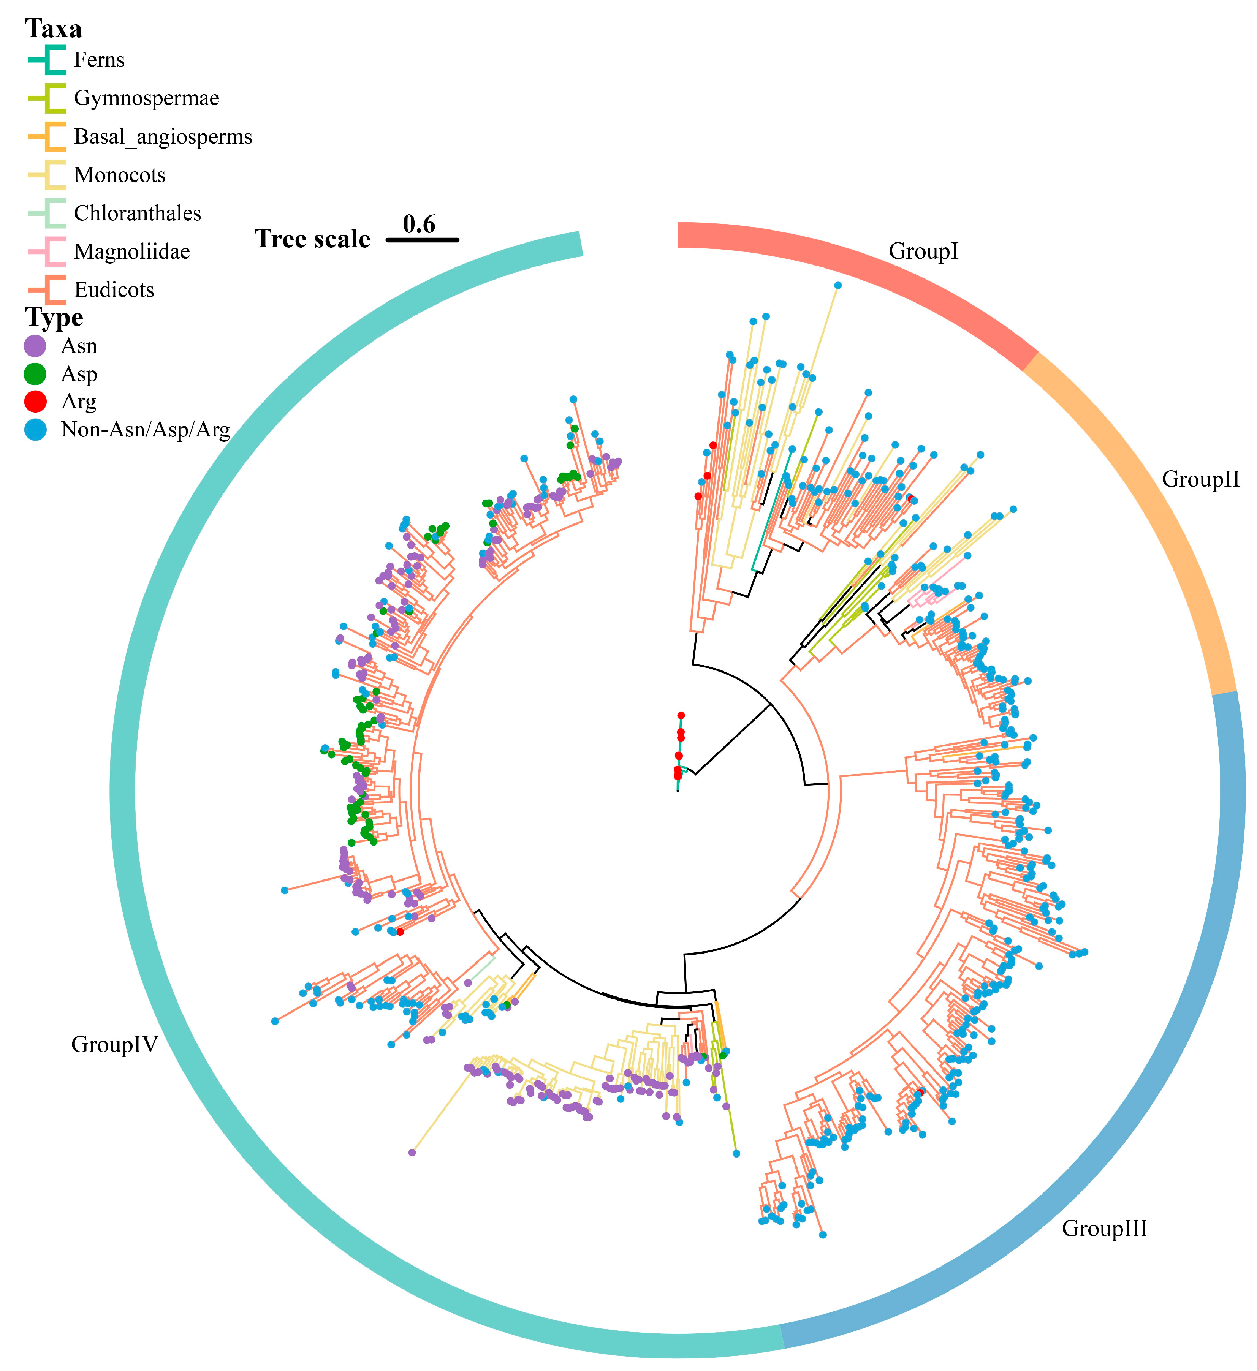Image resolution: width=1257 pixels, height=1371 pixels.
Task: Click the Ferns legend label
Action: [99, 60]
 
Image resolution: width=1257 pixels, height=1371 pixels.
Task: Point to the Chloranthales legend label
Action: [138, 213]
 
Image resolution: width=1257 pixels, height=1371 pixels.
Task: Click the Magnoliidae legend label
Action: [132, 251]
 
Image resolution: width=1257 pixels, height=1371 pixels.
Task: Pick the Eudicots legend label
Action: [114, 290]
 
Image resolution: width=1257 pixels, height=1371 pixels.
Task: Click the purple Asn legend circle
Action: [35, 346]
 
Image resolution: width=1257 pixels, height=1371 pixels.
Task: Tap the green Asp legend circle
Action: [35, 374]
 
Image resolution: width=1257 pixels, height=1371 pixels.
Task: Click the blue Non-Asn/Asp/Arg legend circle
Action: [35, 430]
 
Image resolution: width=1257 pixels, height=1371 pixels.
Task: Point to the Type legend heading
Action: [54, 318]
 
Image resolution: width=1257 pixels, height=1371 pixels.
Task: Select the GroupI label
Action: [923, 251]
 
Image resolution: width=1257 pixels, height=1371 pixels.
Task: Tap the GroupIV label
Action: [114, 1044]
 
